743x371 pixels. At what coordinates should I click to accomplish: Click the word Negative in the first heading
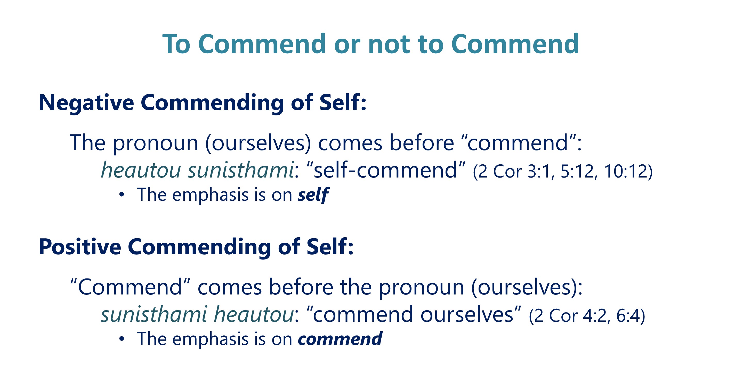click(86, 103)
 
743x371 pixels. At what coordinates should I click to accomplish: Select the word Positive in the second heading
click(80, 247)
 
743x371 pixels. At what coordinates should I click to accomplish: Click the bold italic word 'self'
click(313, 195)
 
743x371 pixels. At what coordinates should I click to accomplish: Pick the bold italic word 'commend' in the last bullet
click(340, 339)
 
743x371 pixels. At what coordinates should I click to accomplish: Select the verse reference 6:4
click(628, 316)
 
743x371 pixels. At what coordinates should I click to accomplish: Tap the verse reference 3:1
click(539, 171)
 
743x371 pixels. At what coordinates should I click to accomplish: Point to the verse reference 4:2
click(595, 316)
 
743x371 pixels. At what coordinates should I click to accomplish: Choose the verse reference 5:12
click(577, 171)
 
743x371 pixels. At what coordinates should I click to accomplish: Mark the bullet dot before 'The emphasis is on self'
click(122, 195)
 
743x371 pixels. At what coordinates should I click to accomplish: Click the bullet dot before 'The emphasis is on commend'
click(122, 339)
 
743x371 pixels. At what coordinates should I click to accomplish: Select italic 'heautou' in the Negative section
click(141, 170)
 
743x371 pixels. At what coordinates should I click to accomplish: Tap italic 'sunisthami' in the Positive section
click(154, 314)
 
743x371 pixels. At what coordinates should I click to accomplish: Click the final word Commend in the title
click(515, 44)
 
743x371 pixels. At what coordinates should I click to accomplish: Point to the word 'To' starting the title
click(176, 45)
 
